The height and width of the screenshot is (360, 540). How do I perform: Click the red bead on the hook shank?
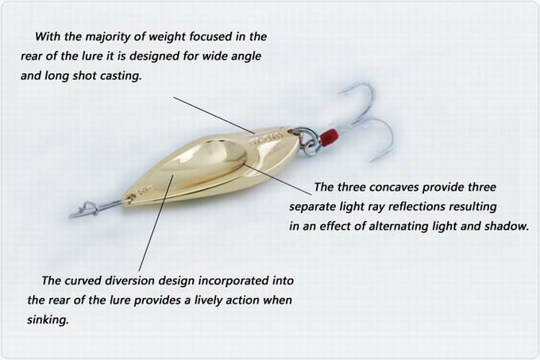[x=328, y=137]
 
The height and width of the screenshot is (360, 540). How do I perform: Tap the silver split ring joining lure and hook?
[x=307, y=140]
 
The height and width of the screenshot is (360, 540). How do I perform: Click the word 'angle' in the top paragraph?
[x=246, y=56]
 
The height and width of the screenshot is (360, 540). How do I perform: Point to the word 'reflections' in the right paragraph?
[x=417, y=207]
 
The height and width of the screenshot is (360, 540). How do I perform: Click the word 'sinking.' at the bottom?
[x=48, y=320]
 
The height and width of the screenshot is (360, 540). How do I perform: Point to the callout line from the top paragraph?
[x=214, y=115]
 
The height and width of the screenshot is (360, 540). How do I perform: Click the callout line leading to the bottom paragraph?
[x=156, y=223]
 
